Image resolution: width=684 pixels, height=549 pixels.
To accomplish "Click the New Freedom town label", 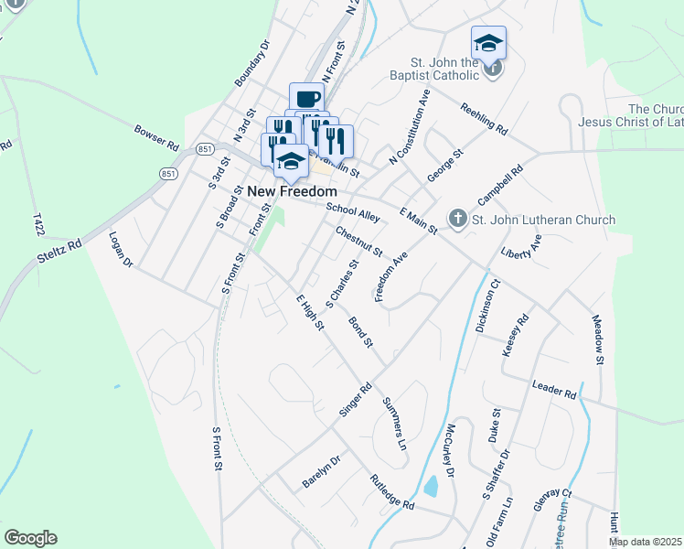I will click(x=293, y=191).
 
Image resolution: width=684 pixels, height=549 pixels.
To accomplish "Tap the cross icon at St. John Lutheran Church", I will click(x=457, y=220).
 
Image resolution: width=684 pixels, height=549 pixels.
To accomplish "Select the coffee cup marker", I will click(x=307, y=99).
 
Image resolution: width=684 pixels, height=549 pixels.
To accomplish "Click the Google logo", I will click(x=30, y=538).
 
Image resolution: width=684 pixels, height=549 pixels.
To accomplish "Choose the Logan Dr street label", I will click(x=121, y=249).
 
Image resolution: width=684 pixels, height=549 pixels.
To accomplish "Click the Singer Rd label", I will click(x=355, y=400).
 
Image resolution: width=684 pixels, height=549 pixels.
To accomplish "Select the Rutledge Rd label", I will click(x=392, y=492).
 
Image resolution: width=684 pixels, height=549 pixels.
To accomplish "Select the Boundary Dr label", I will click(x=252, y=63).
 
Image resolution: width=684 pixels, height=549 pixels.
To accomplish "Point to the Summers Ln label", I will click(x=394, y=417).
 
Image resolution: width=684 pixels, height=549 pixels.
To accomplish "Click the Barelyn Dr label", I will click(x=321, y=471).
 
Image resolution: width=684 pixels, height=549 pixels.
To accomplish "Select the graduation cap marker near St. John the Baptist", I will click(x=488, y=43).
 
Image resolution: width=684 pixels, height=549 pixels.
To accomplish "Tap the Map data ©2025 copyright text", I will click(x=645, y=542).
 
